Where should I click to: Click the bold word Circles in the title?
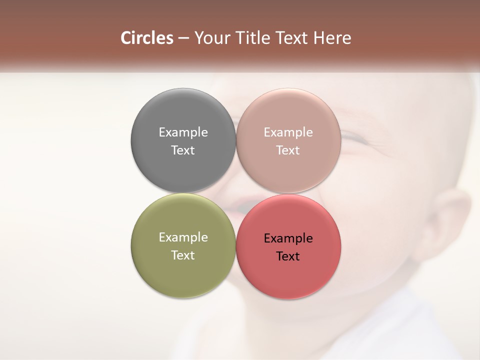pyautogui.click(x=146, y=38)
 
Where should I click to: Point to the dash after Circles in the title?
pyautogui.click(x=183, y=38)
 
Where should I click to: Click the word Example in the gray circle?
pyautogui.click(x=183, y=132)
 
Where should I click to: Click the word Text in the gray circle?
pyautogui.click(x=183, y=150)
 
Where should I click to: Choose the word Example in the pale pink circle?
pyautogui.click(x=288, y=132)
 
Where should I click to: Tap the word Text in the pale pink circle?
pyautogui.click(x=288, y=150)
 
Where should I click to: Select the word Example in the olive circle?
pyautogui.click(x=183, y=237)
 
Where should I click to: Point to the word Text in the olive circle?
pyautogui.click(x=183, y=255)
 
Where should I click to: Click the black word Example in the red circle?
pyautogui.click(x=288, y=238)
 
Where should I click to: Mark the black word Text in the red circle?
pyautogui.click(x=288, y=256)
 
